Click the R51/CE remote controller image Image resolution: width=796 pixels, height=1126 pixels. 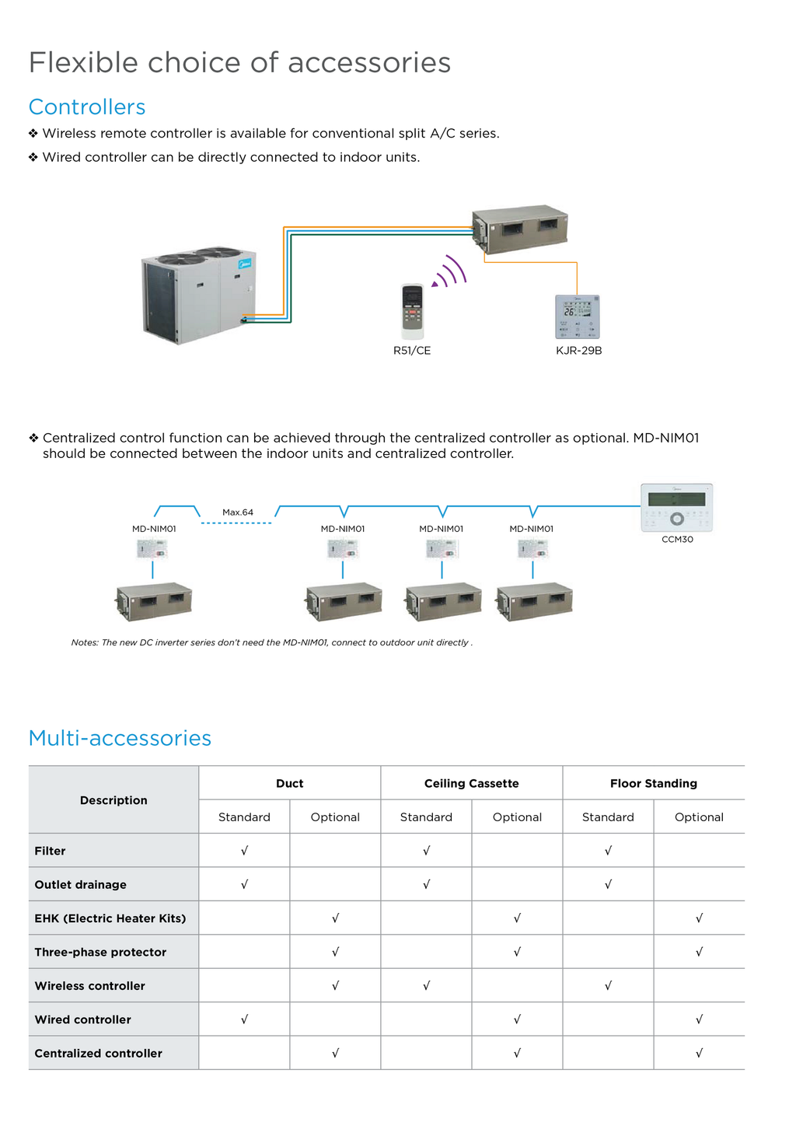[412, 311]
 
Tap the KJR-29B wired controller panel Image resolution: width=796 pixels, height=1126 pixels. [578, 316]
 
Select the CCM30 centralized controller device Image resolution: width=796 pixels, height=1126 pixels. [676, 508]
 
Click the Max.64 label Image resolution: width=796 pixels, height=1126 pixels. [238, 512]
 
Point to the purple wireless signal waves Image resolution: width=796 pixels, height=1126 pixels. [451, 272]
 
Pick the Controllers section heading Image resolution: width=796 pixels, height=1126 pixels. [87, 107]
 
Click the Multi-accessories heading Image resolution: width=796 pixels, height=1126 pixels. [120, 738]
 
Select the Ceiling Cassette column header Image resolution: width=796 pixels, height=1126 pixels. [471, 783]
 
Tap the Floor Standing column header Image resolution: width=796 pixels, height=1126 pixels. [653, 783]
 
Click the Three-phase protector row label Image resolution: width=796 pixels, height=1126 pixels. [100, 952]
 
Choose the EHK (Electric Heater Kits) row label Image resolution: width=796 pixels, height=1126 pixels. [110, 918]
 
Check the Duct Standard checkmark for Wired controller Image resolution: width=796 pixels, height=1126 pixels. [244, 1019]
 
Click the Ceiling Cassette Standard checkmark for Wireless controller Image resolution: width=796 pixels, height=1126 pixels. [426, 985]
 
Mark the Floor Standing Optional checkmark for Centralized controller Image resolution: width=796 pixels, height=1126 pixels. [699, 1053]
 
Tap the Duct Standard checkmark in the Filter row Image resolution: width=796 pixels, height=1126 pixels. [244, 851]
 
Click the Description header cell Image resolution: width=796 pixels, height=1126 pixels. [113, 800]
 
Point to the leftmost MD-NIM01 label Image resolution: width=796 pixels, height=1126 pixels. [154, 529]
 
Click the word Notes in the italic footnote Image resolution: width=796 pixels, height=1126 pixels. [85, 642]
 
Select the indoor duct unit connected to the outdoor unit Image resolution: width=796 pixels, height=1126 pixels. [520, 229]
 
